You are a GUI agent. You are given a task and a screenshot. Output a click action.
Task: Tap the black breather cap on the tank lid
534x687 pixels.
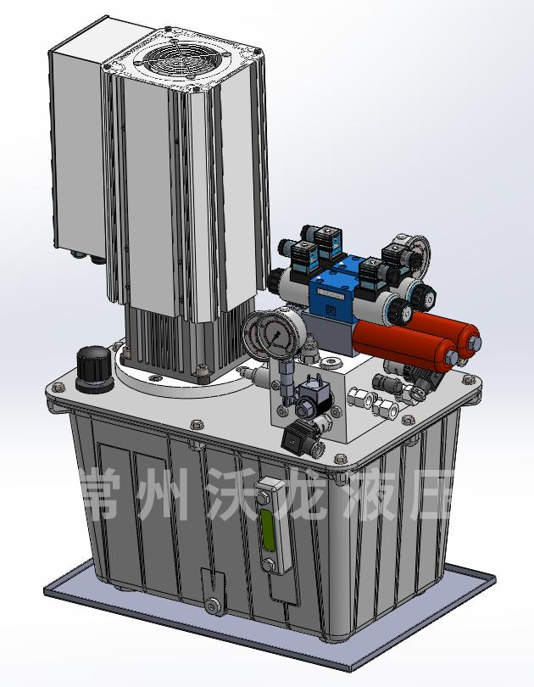point(94,369)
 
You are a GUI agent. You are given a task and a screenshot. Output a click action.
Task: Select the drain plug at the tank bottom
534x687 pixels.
point(213,606)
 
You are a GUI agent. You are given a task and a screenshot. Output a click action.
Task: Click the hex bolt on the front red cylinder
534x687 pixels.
point(451,357)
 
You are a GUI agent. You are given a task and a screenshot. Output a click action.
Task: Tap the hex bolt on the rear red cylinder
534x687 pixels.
point(475,343)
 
